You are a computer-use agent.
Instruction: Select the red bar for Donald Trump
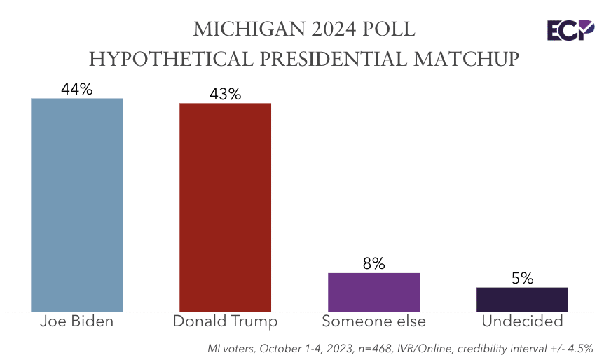tap(225, 207)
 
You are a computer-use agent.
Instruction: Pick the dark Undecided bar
tap(522, 299)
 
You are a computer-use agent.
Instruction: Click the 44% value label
tap(77, 89)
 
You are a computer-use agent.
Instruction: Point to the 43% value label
tap(225, 94)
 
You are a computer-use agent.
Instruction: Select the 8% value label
tap(373, 263)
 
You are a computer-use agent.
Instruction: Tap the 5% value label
tap(522, 278)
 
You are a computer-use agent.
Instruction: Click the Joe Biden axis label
tap(77, 321)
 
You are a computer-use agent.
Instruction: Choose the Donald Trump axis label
tap(225, 321)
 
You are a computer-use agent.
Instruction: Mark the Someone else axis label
tap(373, 321)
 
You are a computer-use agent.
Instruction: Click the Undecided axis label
tap(522, 321)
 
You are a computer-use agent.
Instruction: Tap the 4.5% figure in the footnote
tap(579, 347)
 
